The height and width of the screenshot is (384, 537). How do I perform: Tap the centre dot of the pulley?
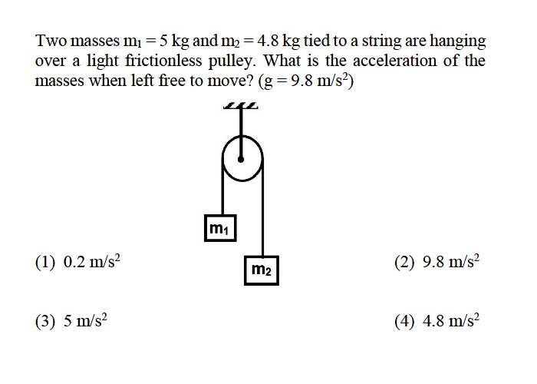click(x=241, y=160)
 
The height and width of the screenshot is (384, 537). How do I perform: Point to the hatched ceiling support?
click(x=240, y=106)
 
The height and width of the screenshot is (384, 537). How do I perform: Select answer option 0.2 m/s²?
click(x=77, y=262)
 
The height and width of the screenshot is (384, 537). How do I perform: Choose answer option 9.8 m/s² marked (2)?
click(x=437, y=262)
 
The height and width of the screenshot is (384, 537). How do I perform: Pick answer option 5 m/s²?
click(x=71, y=321)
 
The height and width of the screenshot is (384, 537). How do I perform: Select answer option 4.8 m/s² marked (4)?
click(x=437, y=321)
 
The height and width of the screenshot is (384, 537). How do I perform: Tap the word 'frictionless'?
click(x=163, y=61)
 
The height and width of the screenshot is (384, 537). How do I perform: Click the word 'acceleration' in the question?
click(x=395, y=61)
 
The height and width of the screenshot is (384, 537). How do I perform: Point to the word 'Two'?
click(x=51, y=41)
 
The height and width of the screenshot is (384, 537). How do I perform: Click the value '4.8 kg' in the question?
click(x=278, y=41)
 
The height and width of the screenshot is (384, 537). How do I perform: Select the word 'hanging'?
click(x=458, y=41)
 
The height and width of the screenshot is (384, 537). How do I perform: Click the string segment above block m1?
click(x=222, y=189)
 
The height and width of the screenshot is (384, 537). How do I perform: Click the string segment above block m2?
click(x=262, y=209)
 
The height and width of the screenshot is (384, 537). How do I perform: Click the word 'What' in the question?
click(x=282, y=61)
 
